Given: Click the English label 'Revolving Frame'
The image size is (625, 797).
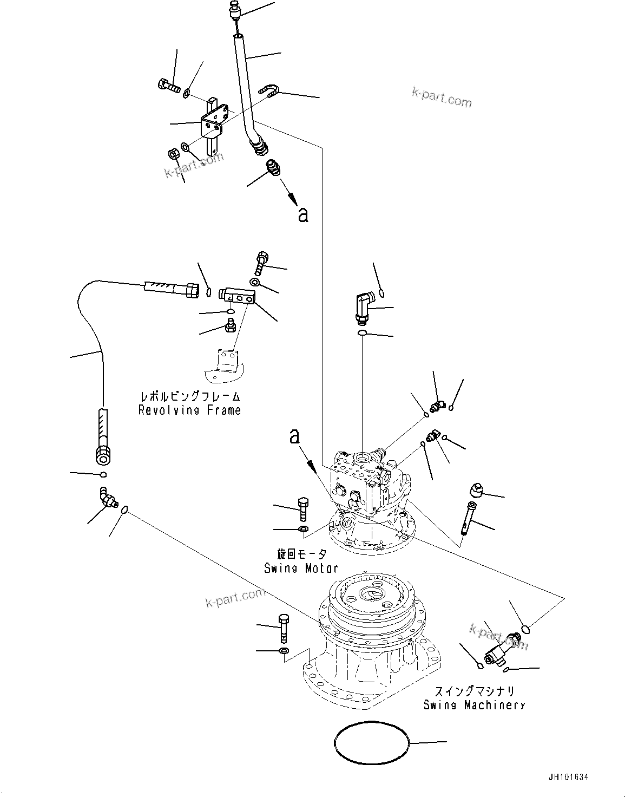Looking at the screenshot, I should [x=189, y=410].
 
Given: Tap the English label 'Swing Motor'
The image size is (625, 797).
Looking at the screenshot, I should [x=301, y=568].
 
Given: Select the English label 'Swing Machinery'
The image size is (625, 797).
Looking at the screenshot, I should [x=474, y=704].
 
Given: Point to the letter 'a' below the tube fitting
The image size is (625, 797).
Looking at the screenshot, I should [x=303, y=215].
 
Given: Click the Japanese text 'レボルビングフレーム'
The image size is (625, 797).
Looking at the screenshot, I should [x=189, y=397].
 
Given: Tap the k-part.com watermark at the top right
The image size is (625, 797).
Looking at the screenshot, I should [x=442, y=97].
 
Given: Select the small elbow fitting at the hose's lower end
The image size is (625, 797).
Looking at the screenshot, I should [x=107, y=498].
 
